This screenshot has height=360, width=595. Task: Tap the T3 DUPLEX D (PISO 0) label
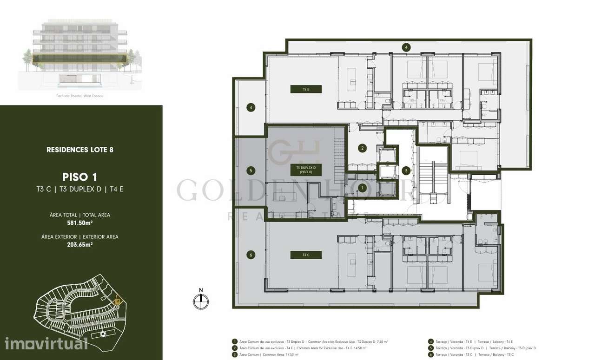click(x=305, y=170)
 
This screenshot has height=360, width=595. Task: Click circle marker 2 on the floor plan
click(x=362, y=149)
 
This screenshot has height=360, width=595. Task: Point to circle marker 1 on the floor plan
click(x=362, y=188)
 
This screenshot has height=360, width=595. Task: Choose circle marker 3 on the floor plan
click(x=406, y=170)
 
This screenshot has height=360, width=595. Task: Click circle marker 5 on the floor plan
click(x=251, y=170)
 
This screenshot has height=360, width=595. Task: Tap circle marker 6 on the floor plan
click(x=251, y=255)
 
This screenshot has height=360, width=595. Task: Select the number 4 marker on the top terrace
click(x=406, y=47)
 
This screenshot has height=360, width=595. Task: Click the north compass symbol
click(x=201, y=301)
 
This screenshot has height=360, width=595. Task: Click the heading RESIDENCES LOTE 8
click(x=80, y=150)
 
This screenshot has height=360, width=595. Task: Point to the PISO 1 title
click(x=80, y=177)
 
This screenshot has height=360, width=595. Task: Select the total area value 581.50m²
click(x=80, y=223)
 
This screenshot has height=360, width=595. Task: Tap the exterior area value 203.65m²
click(x=80, y=244)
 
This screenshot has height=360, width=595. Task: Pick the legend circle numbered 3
click(x=235, y=354)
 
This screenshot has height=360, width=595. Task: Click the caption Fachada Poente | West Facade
click(x=80, y=96)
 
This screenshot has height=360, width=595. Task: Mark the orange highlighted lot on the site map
click(x=118, y=301)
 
